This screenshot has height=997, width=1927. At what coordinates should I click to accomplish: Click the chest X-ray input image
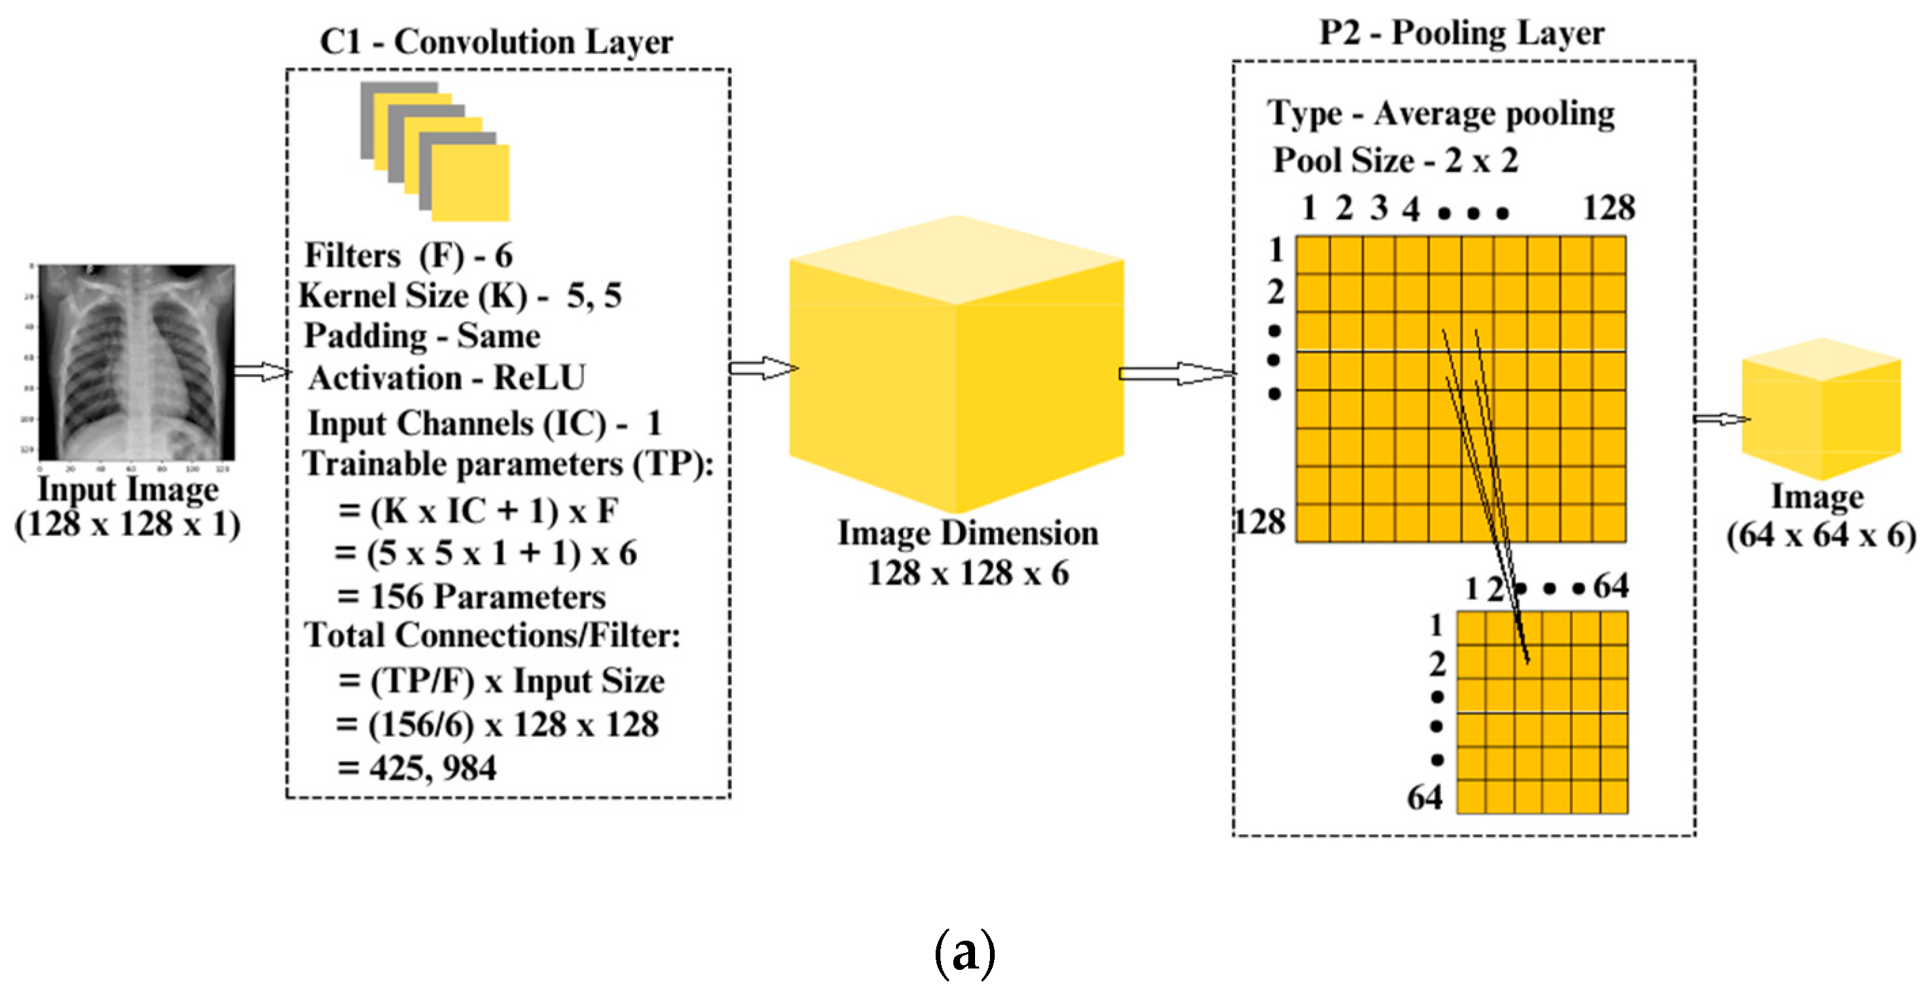(136, 362)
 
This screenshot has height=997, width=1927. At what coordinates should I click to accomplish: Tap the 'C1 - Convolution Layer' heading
(496, 41)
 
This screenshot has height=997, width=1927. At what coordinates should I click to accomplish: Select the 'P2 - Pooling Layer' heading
(1461, 33)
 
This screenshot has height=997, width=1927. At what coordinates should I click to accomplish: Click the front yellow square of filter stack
(471, 183)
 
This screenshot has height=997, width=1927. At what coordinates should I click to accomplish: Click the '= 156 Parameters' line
(471, 596)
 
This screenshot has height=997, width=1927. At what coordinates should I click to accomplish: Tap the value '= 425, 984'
(417, 768)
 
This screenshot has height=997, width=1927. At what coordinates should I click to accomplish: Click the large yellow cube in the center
(957, 366)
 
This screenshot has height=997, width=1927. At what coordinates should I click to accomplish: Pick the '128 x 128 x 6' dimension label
(968, 573)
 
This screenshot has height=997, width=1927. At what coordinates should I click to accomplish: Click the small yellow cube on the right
(1821, 410)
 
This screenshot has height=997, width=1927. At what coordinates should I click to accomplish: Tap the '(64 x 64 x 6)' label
(1820, 535)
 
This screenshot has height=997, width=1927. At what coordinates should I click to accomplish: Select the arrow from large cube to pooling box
(1175, 373)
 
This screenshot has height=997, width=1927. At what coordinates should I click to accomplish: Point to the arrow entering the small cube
(1721, 419)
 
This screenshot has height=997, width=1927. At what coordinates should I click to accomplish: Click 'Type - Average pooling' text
(1440, 115)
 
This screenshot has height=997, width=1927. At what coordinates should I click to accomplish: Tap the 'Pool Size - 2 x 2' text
(1395, 160)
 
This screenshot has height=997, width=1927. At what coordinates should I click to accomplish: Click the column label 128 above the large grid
(1609, 208)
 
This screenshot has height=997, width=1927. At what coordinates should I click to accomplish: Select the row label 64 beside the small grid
(1425, 797)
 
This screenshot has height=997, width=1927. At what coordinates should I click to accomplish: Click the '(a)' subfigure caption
(964, 952)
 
